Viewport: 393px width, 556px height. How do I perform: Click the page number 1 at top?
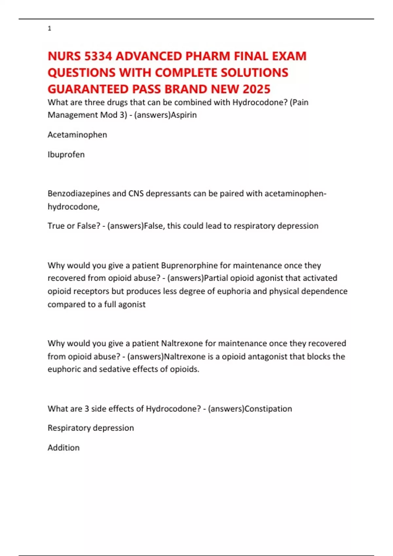pyautogui.click(x=49, y=29)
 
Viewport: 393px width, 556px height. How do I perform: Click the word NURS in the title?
pyautogui.click(x=64, y=56)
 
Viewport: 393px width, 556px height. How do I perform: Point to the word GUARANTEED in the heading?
pyautogui.click(x=88, y=89)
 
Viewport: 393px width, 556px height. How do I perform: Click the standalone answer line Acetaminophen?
pyautogui.click(x=77, y=135)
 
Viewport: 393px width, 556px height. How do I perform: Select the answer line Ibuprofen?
pyautogui.click(x=66, y=154)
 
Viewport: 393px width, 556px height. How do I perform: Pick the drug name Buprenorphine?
pyautogui.click(x=189, y=265)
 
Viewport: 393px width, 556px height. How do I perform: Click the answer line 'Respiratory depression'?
pyautogui.click(x=91, y=428)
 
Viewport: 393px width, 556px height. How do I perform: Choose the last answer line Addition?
pyautogui.click(x=64, y=448)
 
